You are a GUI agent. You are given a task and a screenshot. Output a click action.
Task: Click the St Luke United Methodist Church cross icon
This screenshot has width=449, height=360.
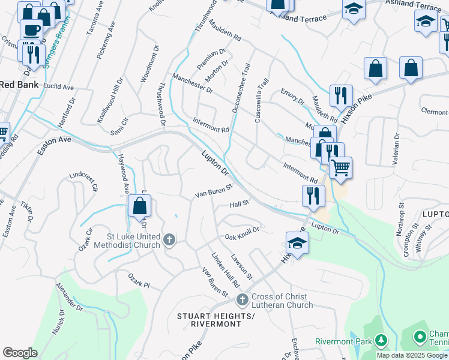(x=169, y=240)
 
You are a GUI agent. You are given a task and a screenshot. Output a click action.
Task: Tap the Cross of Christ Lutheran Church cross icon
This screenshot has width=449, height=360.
(x=243, y=299)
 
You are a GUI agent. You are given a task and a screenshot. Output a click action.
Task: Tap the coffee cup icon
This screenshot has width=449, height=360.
(x=31, y=29)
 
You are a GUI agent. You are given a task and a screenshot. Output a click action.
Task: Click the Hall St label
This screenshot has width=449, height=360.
(x=239, y=204)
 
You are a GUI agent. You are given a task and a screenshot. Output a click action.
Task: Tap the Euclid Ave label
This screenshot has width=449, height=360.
(x=58, y=87)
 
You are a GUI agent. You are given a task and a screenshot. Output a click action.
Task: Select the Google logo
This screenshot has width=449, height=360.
(x=20, y=353)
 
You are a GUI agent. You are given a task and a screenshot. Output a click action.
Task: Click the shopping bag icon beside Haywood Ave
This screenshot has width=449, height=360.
(x=139, y=207)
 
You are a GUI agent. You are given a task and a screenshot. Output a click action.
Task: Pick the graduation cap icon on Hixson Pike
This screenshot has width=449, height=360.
(x=297, y=242)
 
